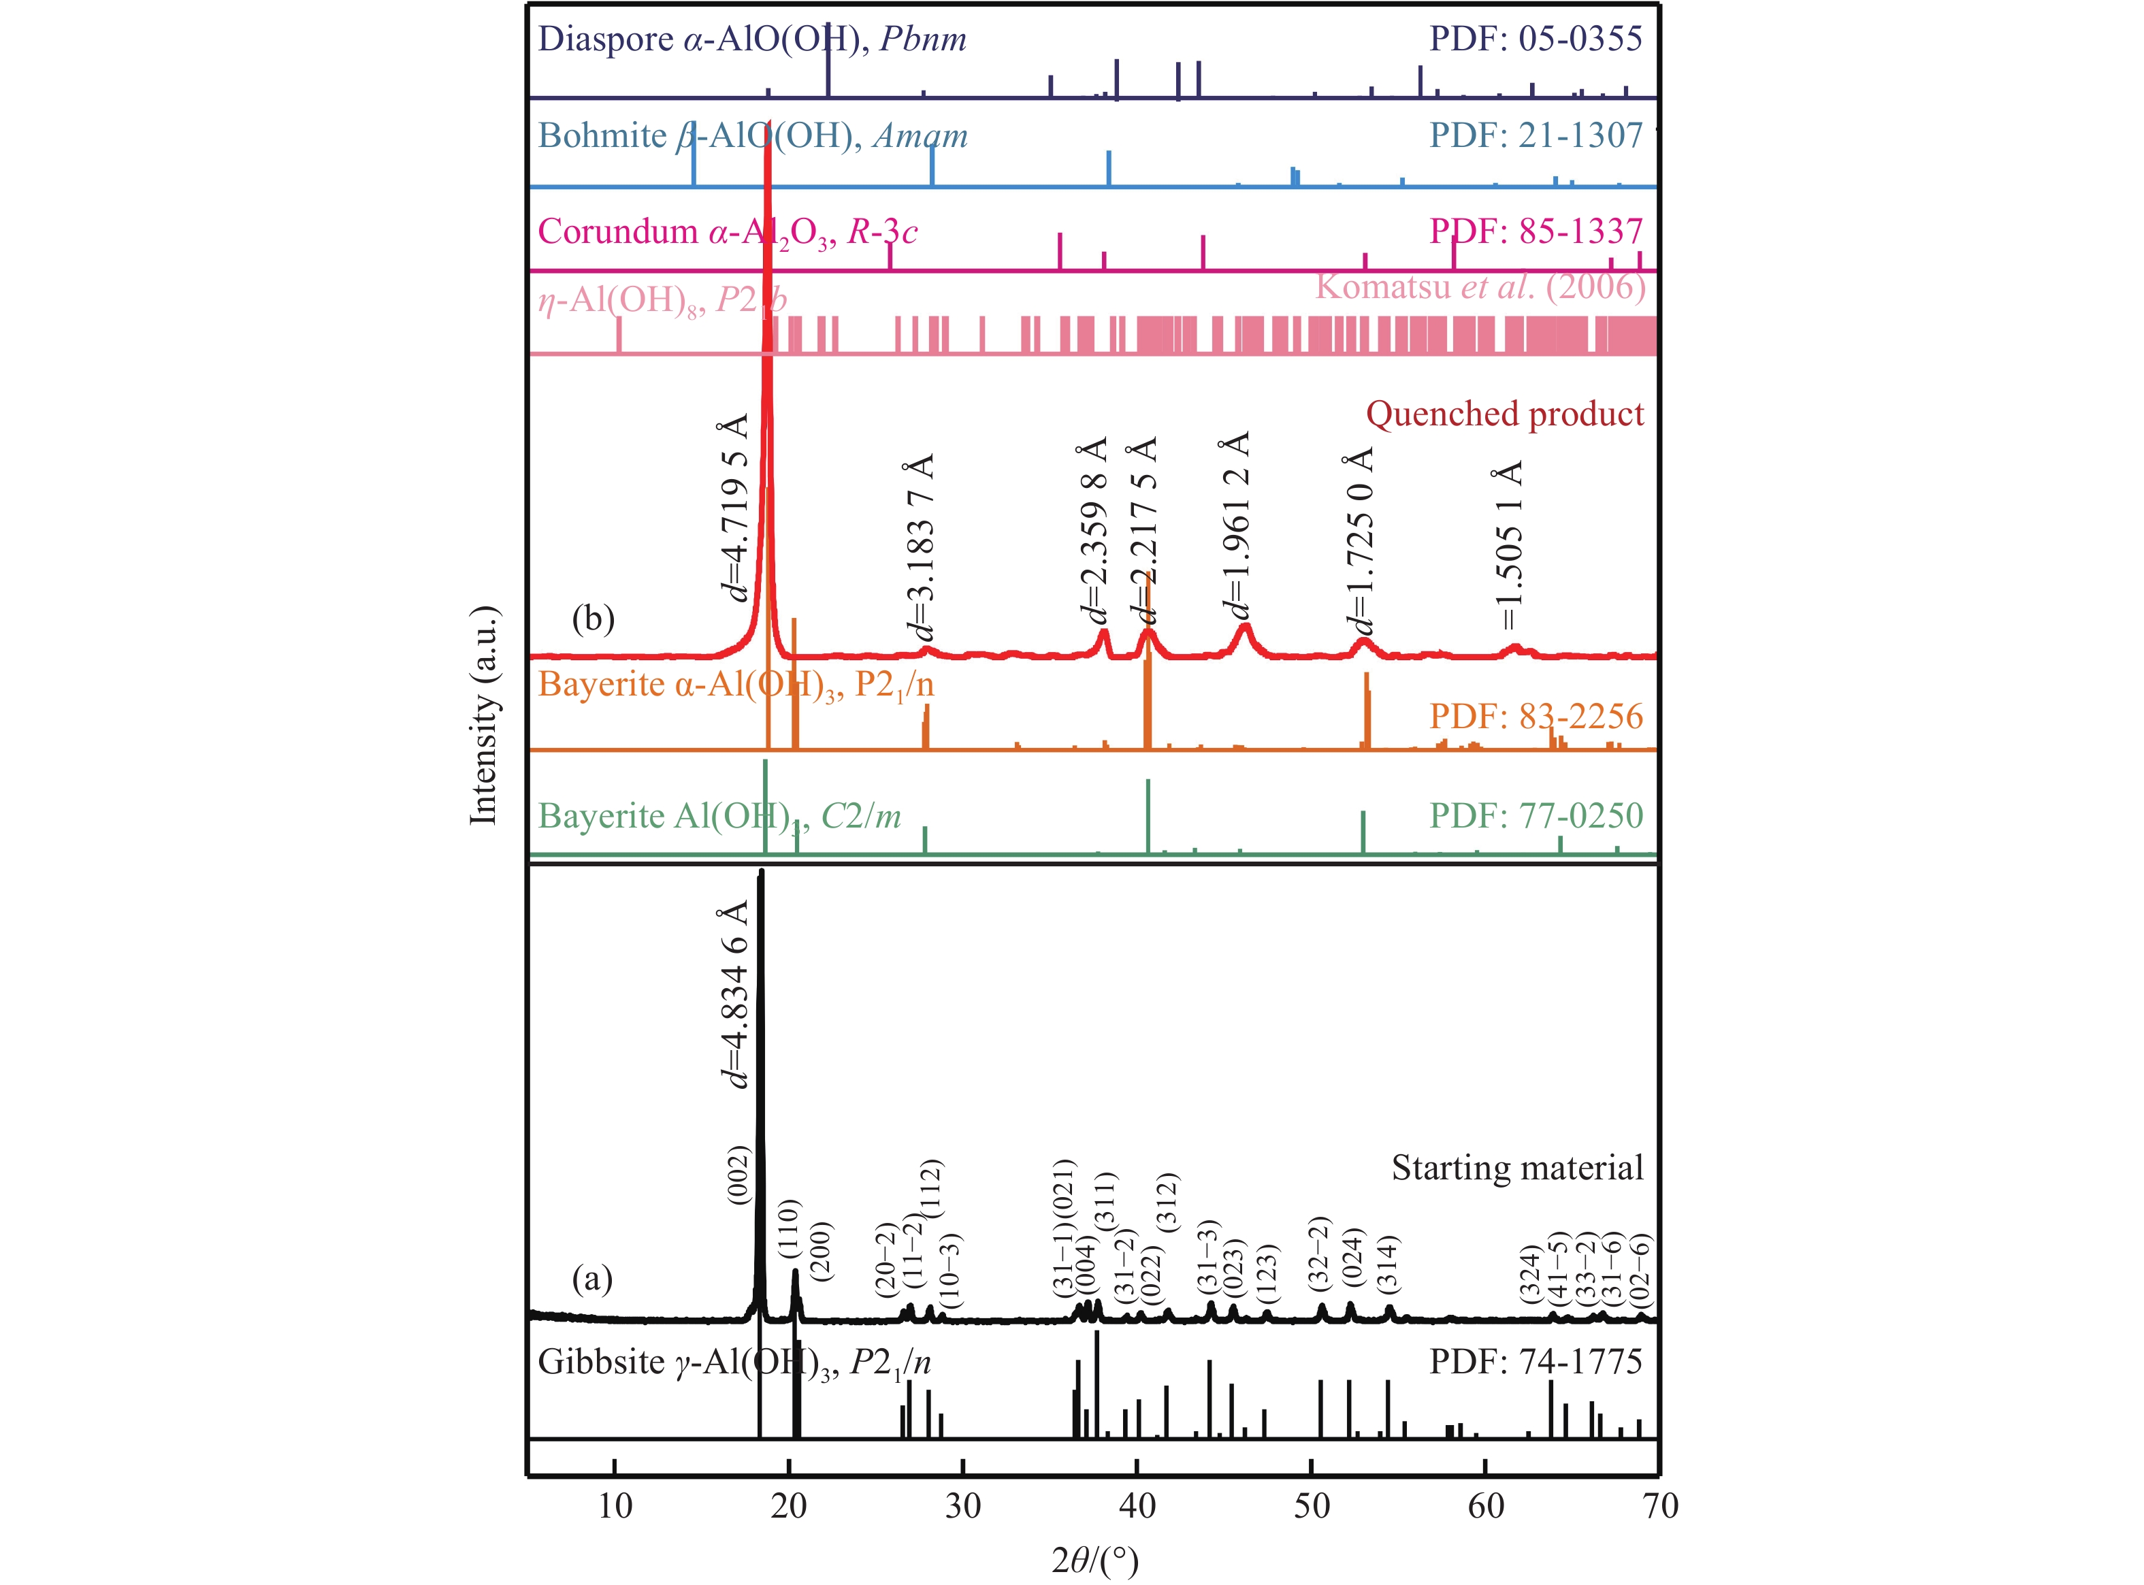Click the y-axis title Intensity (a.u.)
pyautogui.click(x=483, y=715)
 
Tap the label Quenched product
pyautogui.click(x=1504, y=414)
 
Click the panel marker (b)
pyautogui.click(x=593, y=618)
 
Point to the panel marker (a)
pyautogui.click(x=592, y=1278)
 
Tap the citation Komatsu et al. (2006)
pyautogui.click(x=1480, y=286)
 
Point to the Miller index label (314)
pyautogui.click(x=1387, y=1262)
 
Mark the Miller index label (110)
pyautogui.click(x=789, y=1229)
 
